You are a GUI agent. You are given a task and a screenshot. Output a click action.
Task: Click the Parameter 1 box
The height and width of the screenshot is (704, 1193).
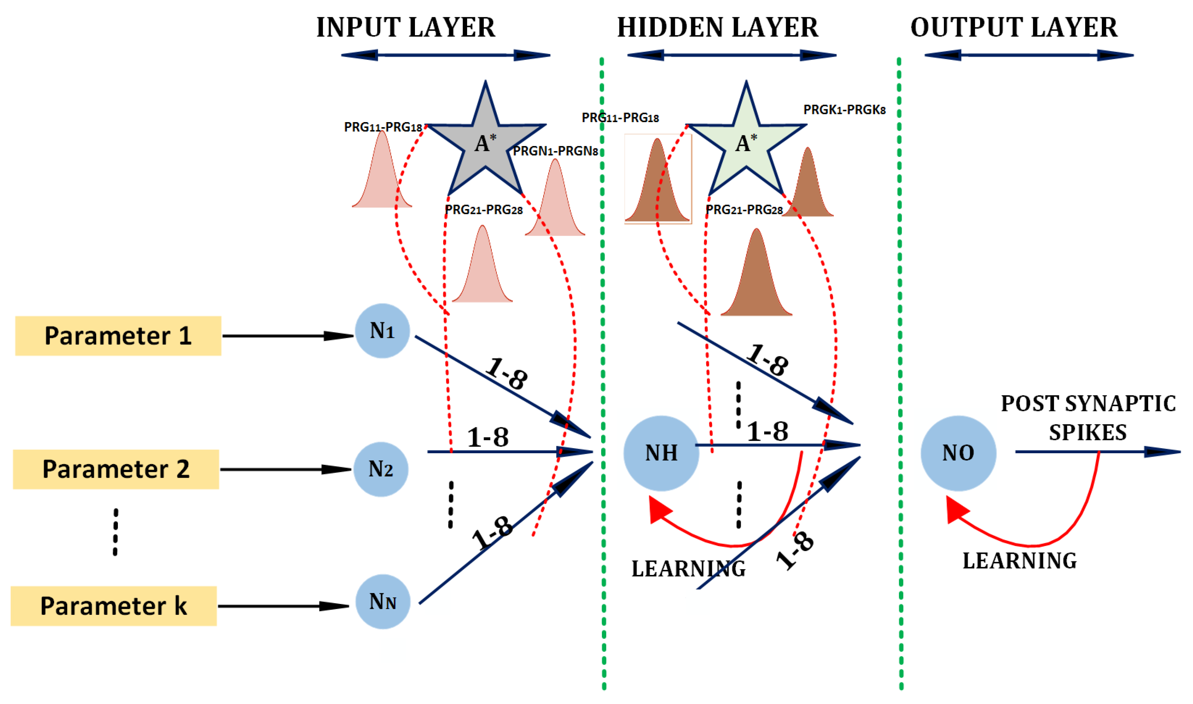click(x=118, y=336)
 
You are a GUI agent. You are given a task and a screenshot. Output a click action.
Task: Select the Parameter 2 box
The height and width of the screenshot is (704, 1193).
click(x=116, y=469)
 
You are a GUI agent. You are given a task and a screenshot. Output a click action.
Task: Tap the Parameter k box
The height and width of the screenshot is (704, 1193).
click(x=114, y=606)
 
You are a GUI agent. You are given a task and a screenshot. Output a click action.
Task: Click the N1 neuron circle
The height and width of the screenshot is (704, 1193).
click(x=382, y=331)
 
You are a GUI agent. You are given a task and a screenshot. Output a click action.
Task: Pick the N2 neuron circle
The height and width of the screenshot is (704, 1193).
click(x=381, y=469)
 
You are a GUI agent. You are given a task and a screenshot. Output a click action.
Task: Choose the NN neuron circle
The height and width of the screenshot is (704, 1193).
click(x=383, y=602)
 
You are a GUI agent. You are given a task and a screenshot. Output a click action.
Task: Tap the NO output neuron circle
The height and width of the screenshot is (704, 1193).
click(x=958, y=453)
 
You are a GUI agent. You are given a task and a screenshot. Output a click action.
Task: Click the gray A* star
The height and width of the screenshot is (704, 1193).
click(x=486, y=142)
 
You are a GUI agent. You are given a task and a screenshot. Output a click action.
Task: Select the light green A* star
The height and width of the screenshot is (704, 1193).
click(x=746, y=142)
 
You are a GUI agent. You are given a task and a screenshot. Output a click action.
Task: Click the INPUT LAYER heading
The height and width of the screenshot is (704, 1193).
click(x=406, y=27)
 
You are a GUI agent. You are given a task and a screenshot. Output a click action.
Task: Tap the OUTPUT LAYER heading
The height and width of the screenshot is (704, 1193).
click(x=1014, y=27)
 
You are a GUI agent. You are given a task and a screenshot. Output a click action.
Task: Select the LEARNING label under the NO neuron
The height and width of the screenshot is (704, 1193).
click(x=1020, y=561)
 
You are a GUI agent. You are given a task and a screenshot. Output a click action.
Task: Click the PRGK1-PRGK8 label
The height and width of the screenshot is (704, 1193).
click(x=845, y=110)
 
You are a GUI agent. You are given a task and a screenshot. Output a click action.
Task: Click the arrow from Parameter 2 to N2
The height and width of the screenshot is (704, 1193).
click(x=285, y=469)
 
